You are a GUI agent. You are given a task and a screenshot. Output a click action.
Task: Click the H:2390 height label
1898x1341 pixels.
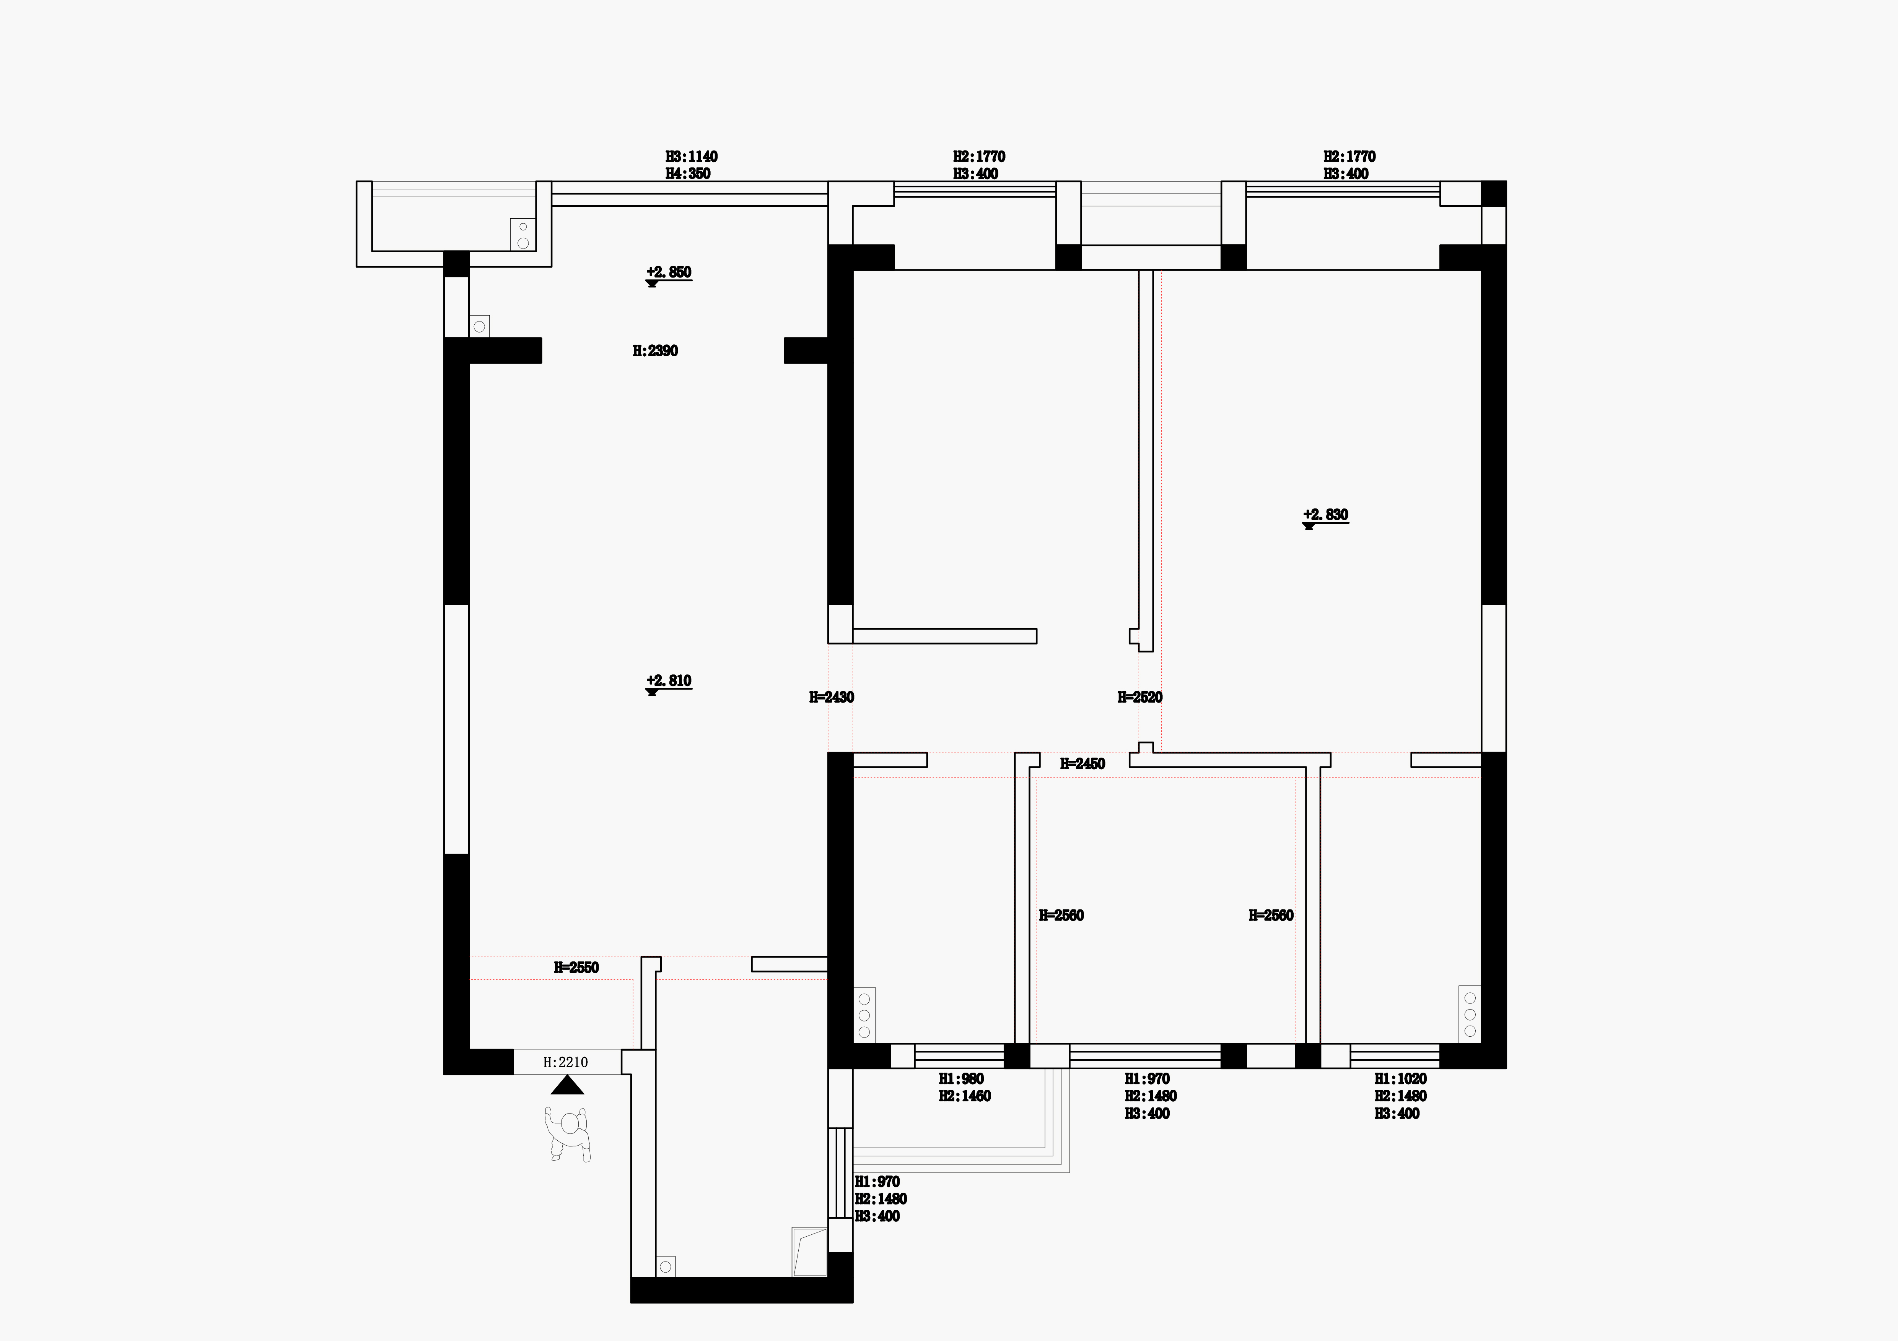pos(656,351)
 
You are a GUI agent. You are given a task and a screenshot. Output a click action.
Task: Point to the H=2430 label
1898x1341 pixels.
pos(832,697)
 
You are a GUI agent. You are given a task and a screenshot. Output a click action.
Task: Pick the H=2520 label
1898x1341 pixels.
pos(1140,697)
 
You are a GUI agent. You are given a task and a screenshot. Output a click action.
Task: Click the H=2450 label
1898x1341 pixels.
pos(1083,764)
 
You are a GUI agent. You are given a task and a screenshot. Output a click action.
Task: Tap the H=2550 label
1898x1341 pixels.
pos(576,968)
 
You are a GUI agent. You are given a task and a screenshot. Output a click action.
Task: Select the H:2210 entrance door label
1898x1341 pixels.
pos(565,1063)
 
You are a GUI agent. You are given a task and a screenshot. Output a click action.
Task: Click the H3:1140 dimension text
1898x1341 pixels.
pos(692,156)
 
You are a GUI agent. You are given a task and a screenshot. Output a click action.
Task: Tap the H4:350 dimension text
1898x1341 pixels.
pos(688,174)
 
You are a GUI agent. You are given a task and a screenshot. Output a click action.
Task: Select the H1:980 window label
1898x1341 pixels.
pos(961,1079)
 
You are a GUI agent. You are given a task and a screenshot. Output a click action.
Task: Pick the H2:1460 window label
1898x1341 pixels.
pos(965,1096)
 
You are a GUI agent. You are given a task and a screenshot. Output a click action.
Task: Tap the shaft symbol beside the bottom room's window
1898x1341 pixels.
pos(809,1252)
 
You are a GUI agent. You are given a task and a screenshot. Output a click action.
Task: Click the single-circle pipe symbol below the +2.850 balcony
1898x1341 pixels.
pos(479,326)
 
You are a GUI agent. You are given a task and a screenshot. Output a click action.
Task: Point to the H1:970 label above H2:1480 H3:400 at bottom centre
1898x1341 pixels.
pos(1148,1079)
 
